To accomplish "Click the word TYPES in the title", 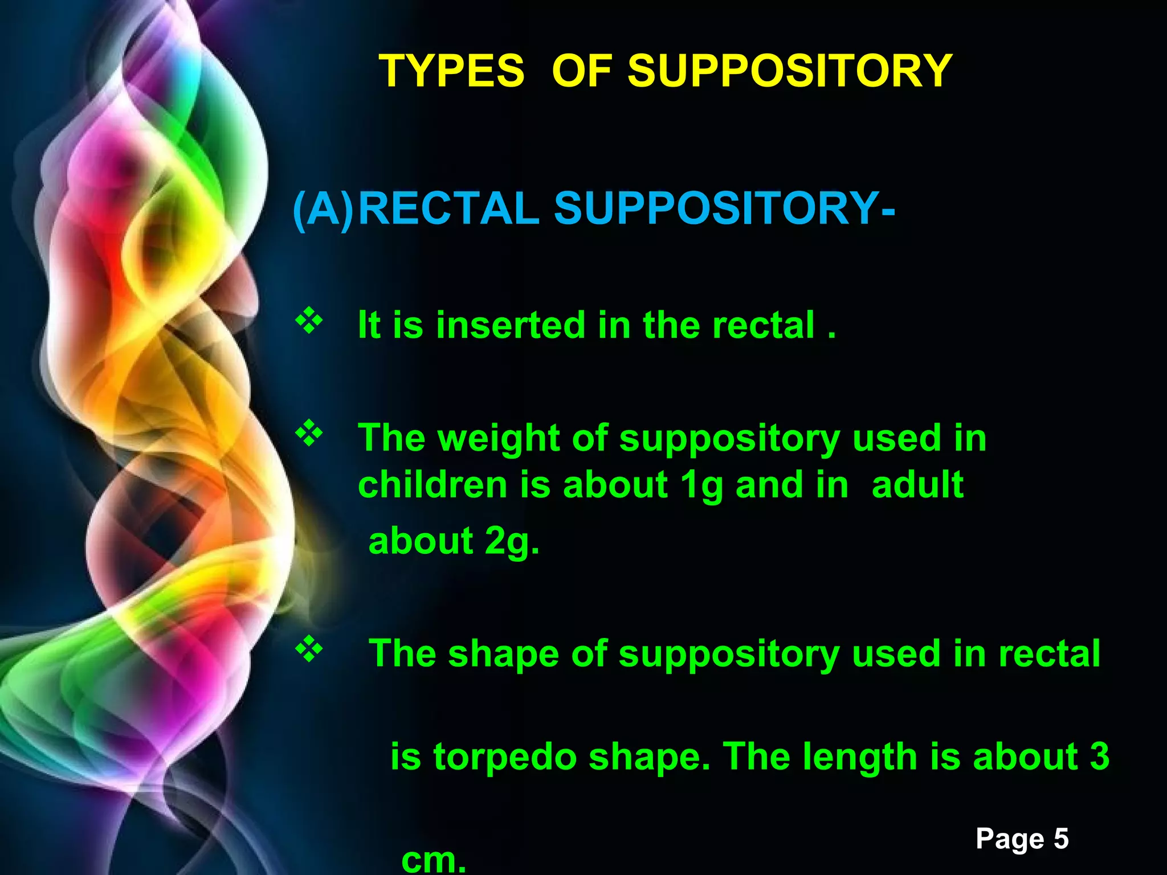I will (x=451, y=71).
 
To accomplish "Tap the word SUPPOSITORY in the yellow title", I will (x=790, y=71).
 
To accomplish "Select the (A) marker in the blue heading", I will (x=323, y=209).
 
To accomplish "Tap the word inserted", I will (x=511, y=325).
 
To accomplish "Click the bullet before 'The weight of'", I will (x=308, y=434).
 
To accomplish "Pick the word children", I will (x=432, y=485).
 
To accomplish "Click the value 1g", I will (x=701, y=486).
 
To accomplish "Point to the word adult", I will (x=917, y=485).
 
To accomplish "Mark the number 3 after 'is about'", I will (x=1099, y=757).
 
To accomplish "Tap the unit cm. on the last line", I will (x=434, y=859).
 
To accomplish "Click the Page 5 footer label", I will (x=1022, y=839).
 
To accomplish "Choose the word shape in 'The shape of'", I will (x=503, y=655).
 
